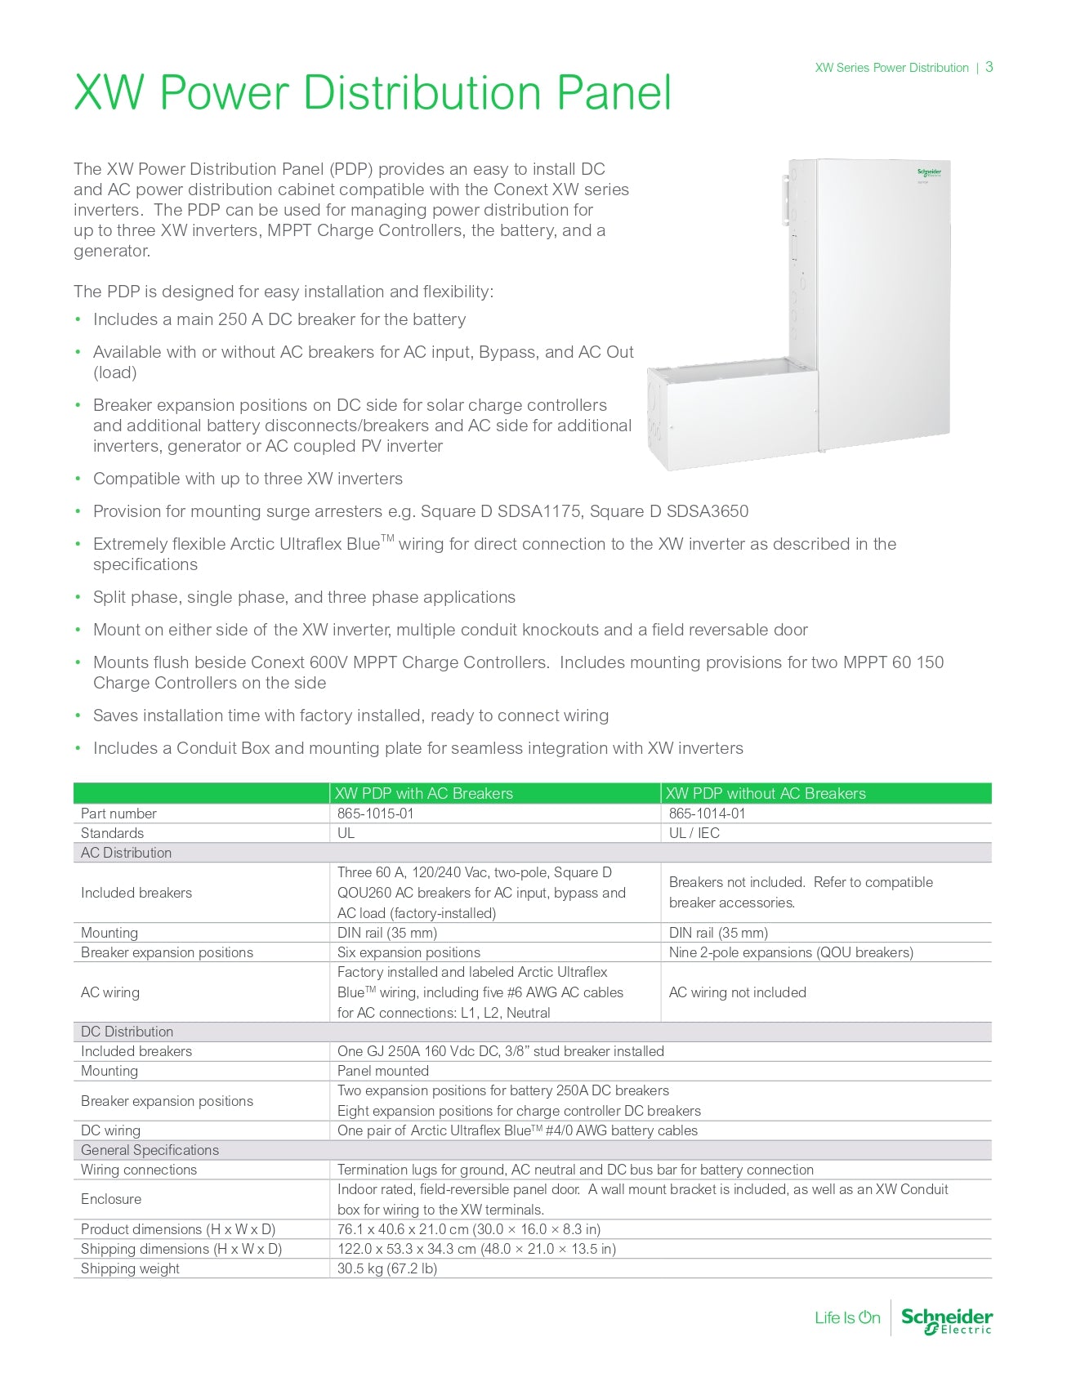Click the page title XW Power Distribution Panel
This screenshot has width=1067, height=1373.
coord(373,92)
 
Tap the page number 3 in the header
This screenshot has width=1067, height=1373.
coord(989,67)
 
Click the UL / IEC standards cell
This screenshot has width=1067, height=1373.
coord(694,833)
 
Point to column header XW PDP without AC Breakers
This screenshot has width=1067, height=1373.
coord(766,793)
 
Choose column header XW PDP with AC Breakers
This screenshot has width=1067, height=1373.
coord(424,793)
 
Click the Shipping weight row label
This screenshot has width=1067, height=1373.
coord(130,1268)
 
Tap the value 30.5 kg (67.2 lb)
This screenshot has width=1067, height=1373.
coord(387,1268)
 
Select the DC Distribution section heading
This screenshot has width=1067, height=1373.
coord(127,1032)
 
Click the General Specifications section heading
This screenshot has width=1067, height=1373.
coord(150,1150)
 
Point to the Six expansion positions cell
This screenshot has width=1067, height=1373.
coord(408,952)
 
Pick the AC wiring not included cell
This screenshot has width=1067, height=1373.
coord(737,992)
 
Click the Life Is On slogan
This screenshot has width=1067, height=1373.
coord(847,1317)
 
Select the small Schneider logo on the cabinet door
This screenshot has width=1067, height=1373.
coord(929,173)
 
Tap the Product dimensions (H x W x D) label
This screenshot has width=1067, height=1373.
coord(178,1229)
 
